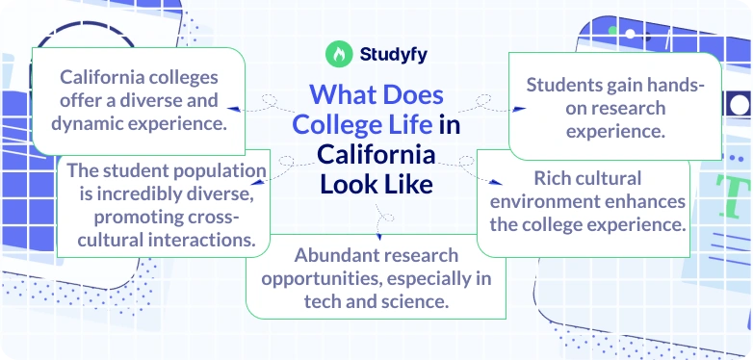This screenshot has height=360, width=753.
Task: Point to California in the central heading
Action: [376, 154]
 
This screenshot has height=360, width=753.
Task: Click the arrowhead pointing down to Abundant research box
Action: [378, 235]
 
